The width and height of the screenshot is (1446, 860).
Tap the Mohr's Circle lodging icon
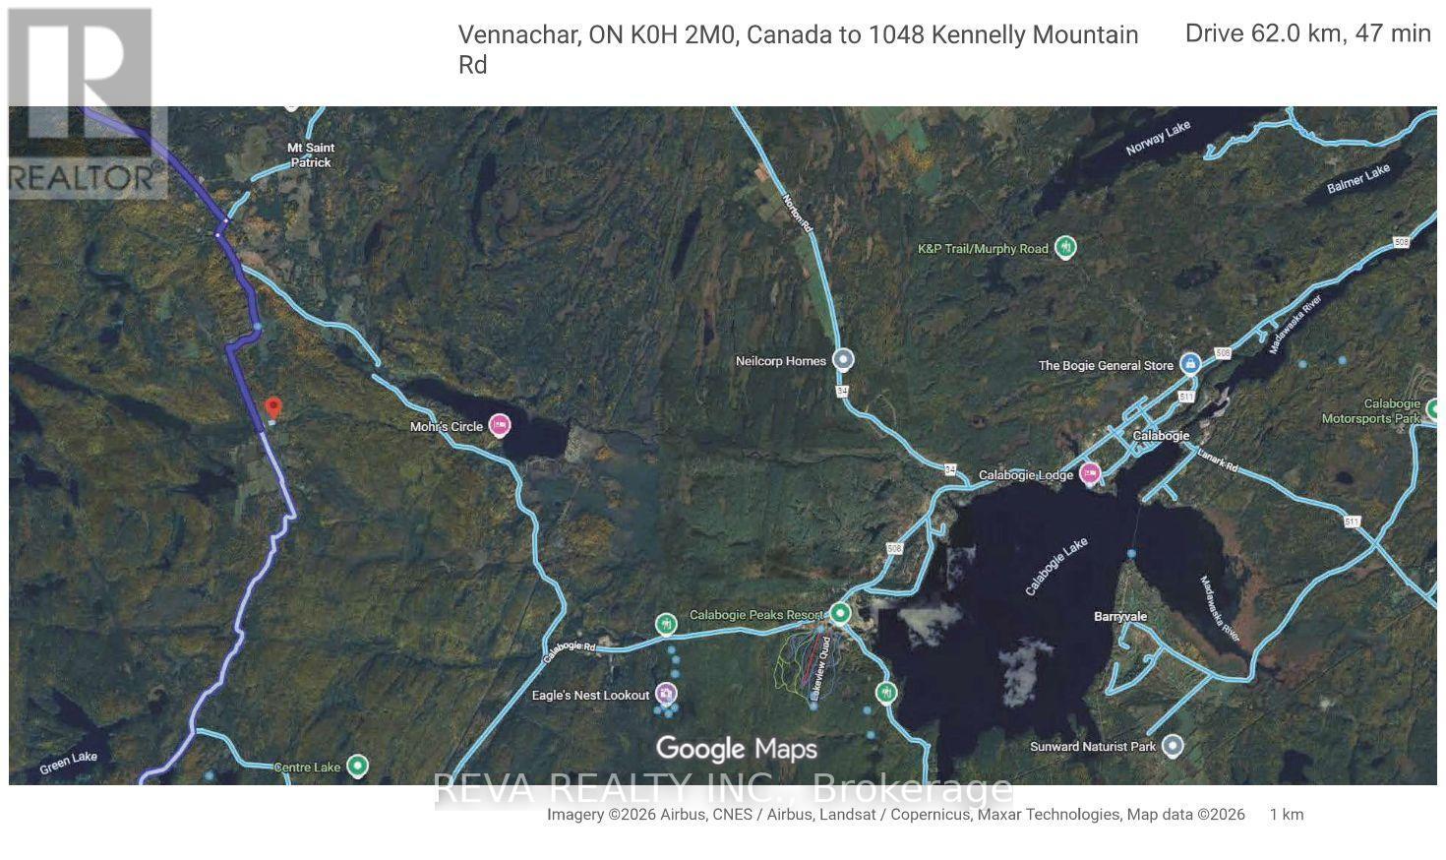pos(500,425)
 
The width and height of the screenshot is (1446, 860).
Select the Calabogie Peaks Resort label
pos(750,615)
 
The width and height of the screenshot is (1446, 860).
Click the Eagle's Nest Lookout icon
pos(667,695)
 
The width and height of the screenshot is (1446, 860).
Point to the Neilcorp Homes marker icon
pos(843,360)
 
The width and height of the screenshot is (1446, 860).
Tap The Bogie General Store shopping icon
pos(1190,364)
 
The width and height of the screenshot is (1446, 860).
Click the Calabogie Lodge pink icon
pos(1090,474)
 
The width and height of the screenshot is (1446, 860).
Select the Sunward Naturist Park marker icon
pos(1172,746)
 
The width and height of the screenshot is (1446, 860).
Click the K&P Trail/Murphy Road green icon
pos(1065,247)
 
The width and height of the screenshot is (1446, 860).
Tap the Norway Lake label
pos(1159,138)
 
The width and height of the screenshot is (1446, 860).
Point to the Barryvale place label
pos(1120,617)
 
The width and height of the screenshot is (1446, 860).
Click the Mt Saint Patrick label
pos(309,155)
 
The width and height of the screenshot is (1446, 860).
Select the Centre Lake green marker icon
pos(359,766)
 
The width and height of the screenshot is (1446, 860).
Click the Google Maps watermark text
pos(737,749)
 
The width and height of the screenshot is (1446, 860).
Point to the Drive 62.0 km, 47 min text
pos(1307,33)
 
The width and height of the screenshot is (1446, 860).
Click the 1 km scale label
pos(1286,815)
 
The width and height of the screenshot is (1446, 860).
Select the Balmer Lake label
pos(1358,178)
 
